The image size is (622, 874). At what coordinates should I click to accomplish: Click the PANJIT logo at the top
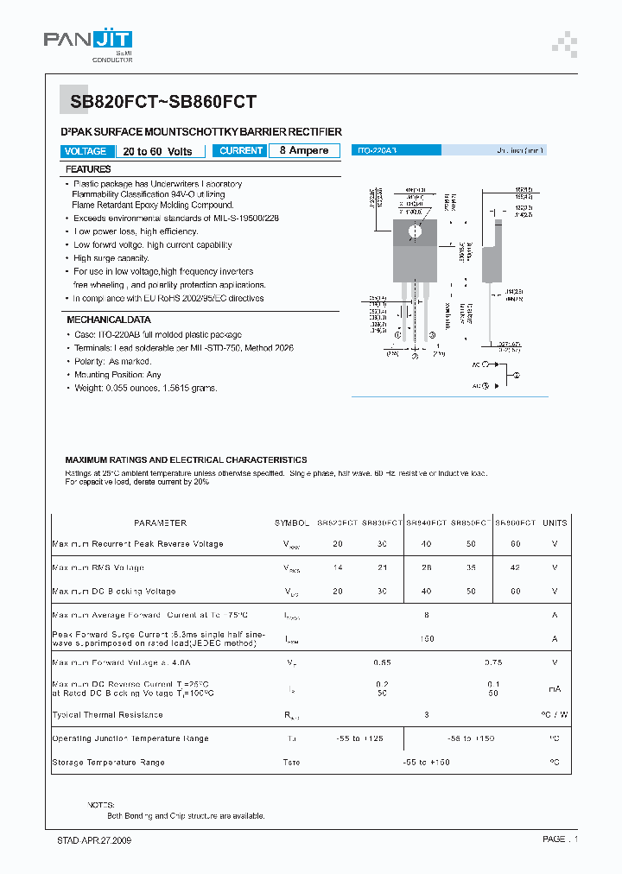tap(88, 43)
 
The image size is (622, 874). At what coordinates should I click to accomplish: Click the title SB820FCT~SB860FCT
tap(163, 102)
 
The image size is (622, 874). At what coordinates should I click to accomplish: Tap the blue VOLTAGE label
tap(86, 151)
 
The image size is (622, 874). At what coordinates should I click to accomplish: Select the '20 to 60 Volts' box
tap(158, 151)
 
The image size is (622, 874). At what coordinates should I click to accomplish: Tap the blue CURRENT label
tap(241, 151)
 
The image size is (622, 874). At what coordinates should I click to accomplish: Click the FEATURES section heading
tap(88, 169)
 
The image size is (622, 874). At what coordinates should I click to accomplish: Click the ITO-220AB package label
tap(377, 150)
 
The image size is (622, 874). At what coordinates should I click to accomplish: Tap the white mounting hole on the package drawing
tap(415, 231)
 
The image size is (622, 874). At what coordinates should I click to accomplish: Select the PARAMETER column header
tap(160, 523)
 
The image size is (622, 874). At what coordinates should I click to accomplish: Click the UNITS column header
tap(555, 523)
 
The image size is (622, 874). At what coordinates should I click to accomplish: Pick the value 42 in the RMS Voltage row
tap(515, 568)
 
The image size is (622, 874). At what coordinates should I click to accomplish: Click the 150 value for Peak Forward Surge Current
tap(426, 639)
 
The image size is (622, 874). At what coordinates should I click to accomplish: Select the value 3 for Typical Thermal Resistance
tap(426, 715)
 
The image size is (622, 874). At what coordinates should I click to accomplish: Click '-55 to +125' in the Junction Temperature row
tap(359, 738)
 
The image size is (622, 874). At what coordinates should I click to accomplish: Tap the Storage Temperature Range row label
tap(109, 763)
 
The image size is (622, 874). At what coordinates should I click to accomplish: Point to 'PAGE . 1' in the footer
tap(560, 839)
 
